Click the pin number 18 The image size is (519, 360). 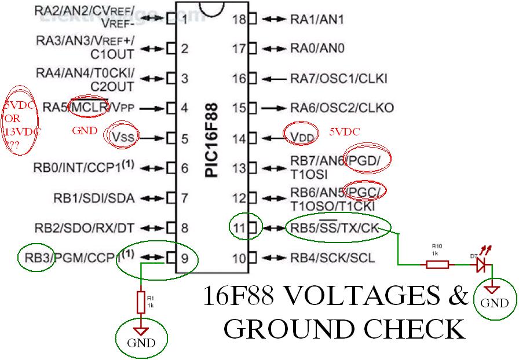(x=239, y=20)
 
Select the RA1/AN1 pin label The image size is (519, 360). (x=317, y=20)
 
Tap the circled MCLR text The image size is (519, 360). (x=88, y=107)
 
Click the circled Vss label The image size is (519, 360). (x=123, y=137)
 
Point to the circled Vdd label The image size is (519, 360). (x=302, y=137)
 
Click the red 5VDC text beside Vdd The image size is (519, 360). (x=345, y=131)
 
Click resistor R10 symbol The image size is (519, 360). (x=437, y=265)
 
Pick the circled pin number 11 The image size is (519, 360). (x=239, y=227)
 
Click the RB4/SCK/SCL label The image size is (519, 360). (x=332, y=258)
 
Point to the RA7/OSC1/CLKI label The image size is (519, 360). (x=339, y=79)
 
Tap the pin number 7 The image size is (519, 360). (x=184, y=198)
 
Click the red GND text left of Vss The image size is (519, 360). (x=84, y=131)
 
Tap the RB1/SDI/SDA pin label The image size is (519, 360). (x=94, y=198)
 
